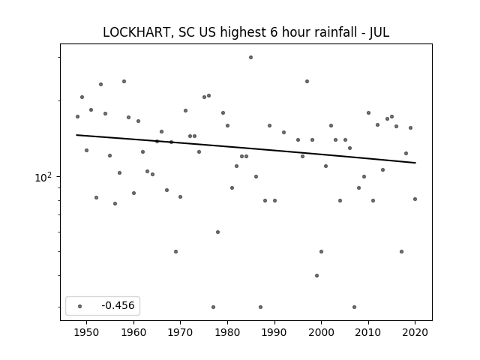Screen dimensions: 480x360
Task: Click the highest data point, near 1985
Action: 250,57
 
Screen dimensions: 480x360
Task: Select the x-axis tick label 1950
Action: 87,332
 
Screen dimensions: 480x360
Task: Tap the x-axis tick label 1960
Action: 133,332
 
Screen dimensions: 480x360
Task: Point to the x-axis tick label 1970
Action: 181,332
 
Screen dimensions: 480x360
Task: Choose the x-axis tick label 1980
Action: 227,332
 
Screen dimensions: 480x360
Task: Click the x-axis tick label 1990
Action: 274,332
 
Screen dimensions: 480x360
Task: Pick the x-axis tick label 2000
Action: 322,332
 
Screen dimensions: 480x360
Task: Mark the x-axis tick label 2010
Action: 368,332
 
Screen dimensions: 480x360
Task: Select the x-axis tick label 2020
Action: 415,332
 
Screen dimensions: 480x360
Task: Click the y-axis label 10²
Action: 43,177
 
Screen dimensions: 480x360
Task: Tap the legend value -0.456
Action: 118,305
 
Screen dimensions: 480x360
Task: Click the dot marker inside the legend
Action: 79,306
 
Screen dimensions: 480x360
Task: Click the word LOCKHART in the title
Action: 136,32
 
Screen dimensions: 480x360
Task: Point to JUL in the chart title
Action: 379,32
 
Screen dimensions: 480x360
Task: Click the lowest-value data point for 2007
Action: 354,307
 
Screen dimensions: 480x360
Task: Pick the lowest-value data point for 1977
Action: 213,307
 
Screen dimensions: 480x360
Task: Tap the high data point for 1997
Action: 307,81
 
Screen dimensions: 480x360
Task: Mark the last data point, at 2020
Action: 415,199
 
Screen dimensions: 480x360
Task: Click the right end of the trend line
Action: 415,163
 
